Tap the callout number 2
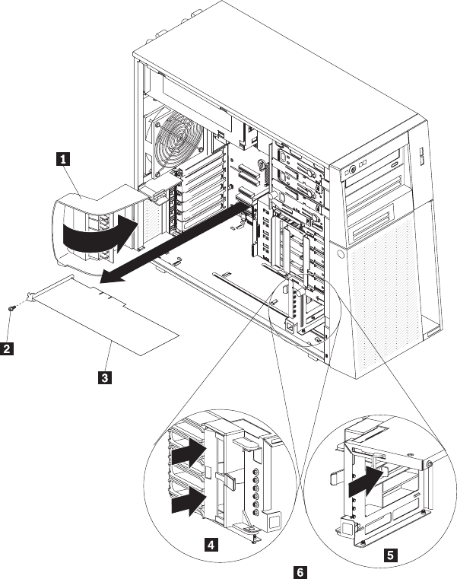(x=7, y=349)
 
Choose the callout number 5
(x=390, y=555)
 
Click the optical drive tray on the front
(x=379, y=180)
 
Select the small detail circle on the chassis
(x=299, y=312)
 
